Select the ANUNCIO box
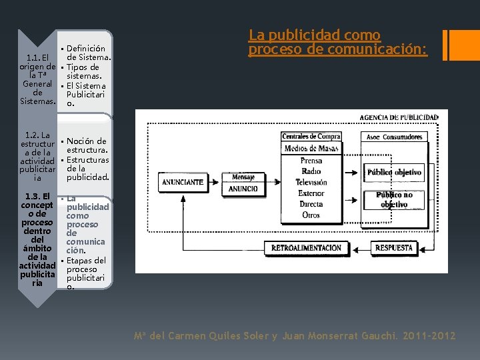click(x=243, y=189)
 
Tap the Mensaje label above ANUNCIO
click(x=243, y=177)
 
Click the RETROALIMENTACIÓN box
click(x=306, y=248)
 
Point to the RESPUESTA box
click(x=394, y=248)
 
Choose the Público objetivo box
click(x=394, y=172)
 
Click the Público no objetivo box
click(x=394, y=199)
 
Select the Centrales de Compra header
click(x=311, y=137)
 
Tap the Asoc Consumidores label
click(x=394, y=137)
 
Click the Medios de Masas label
click(x=311, y=148)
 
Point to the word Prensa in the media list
click(x=311, y=161)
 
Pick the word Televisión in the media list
click(x=311, y=182)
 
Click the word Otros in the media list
click(x=311, y=215)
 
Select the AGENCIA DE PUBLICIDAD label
click(x=399, y=117)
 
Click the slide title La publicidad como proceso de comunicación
click(x=338, y=42)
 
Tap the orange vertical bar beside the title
click(x=445, y=44)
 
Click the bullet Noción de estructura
click(x=87, y=145)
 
